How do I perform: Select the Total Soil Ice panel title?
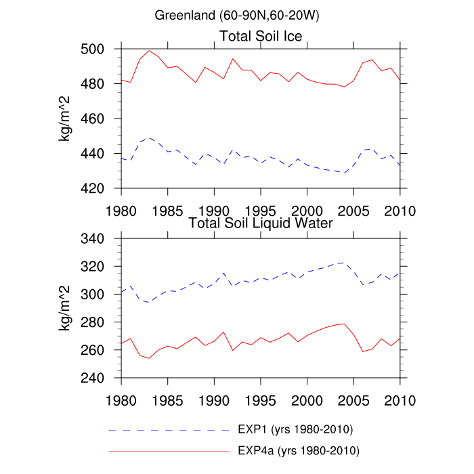point(261,36)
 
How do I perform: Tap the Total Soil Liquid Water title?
point(261,223)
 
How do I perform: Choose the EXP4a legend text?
point(298,450)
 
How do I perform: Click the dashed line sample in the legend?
point(169,430)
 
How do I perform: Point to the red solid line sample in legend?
point(169,450)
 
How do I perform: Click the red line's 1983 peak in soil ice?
point(150,50)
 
